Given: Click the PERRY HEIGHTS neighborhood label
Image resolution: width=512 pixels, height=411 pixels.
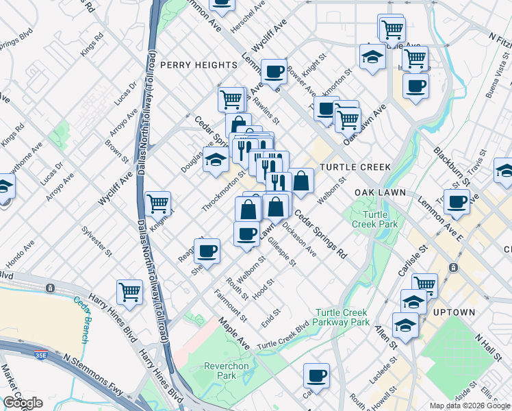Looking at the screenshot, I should pos(199,64).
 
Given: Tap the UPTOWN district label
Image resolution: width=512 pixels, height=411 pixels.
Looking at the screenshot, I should pos(454,312).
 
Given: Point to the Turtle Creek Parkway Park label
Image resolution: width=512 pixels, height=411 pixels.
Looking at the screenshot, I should pos(342,318).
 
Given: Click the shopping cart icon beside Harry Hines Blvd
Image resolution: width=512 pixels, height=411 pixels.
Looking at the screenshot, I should pos(129,291).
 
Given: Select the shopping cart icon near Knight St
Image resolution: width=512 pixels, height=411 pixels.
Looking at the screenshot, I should pos(157,203).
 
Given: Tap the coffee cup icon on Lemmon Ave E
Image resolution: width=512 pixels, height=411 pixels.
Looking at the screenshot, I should pos(457,201).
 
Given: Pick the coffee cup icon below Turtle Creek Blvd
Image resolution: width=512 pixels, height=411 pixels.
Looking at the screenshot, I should pos(316,375).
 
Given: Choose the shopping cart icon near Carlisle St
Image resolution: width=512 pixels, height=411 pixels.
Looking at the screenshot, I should pos(424,283).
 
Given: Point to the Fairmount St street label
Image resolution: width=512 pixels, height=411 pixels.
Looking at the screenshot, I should pos(231,306).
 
